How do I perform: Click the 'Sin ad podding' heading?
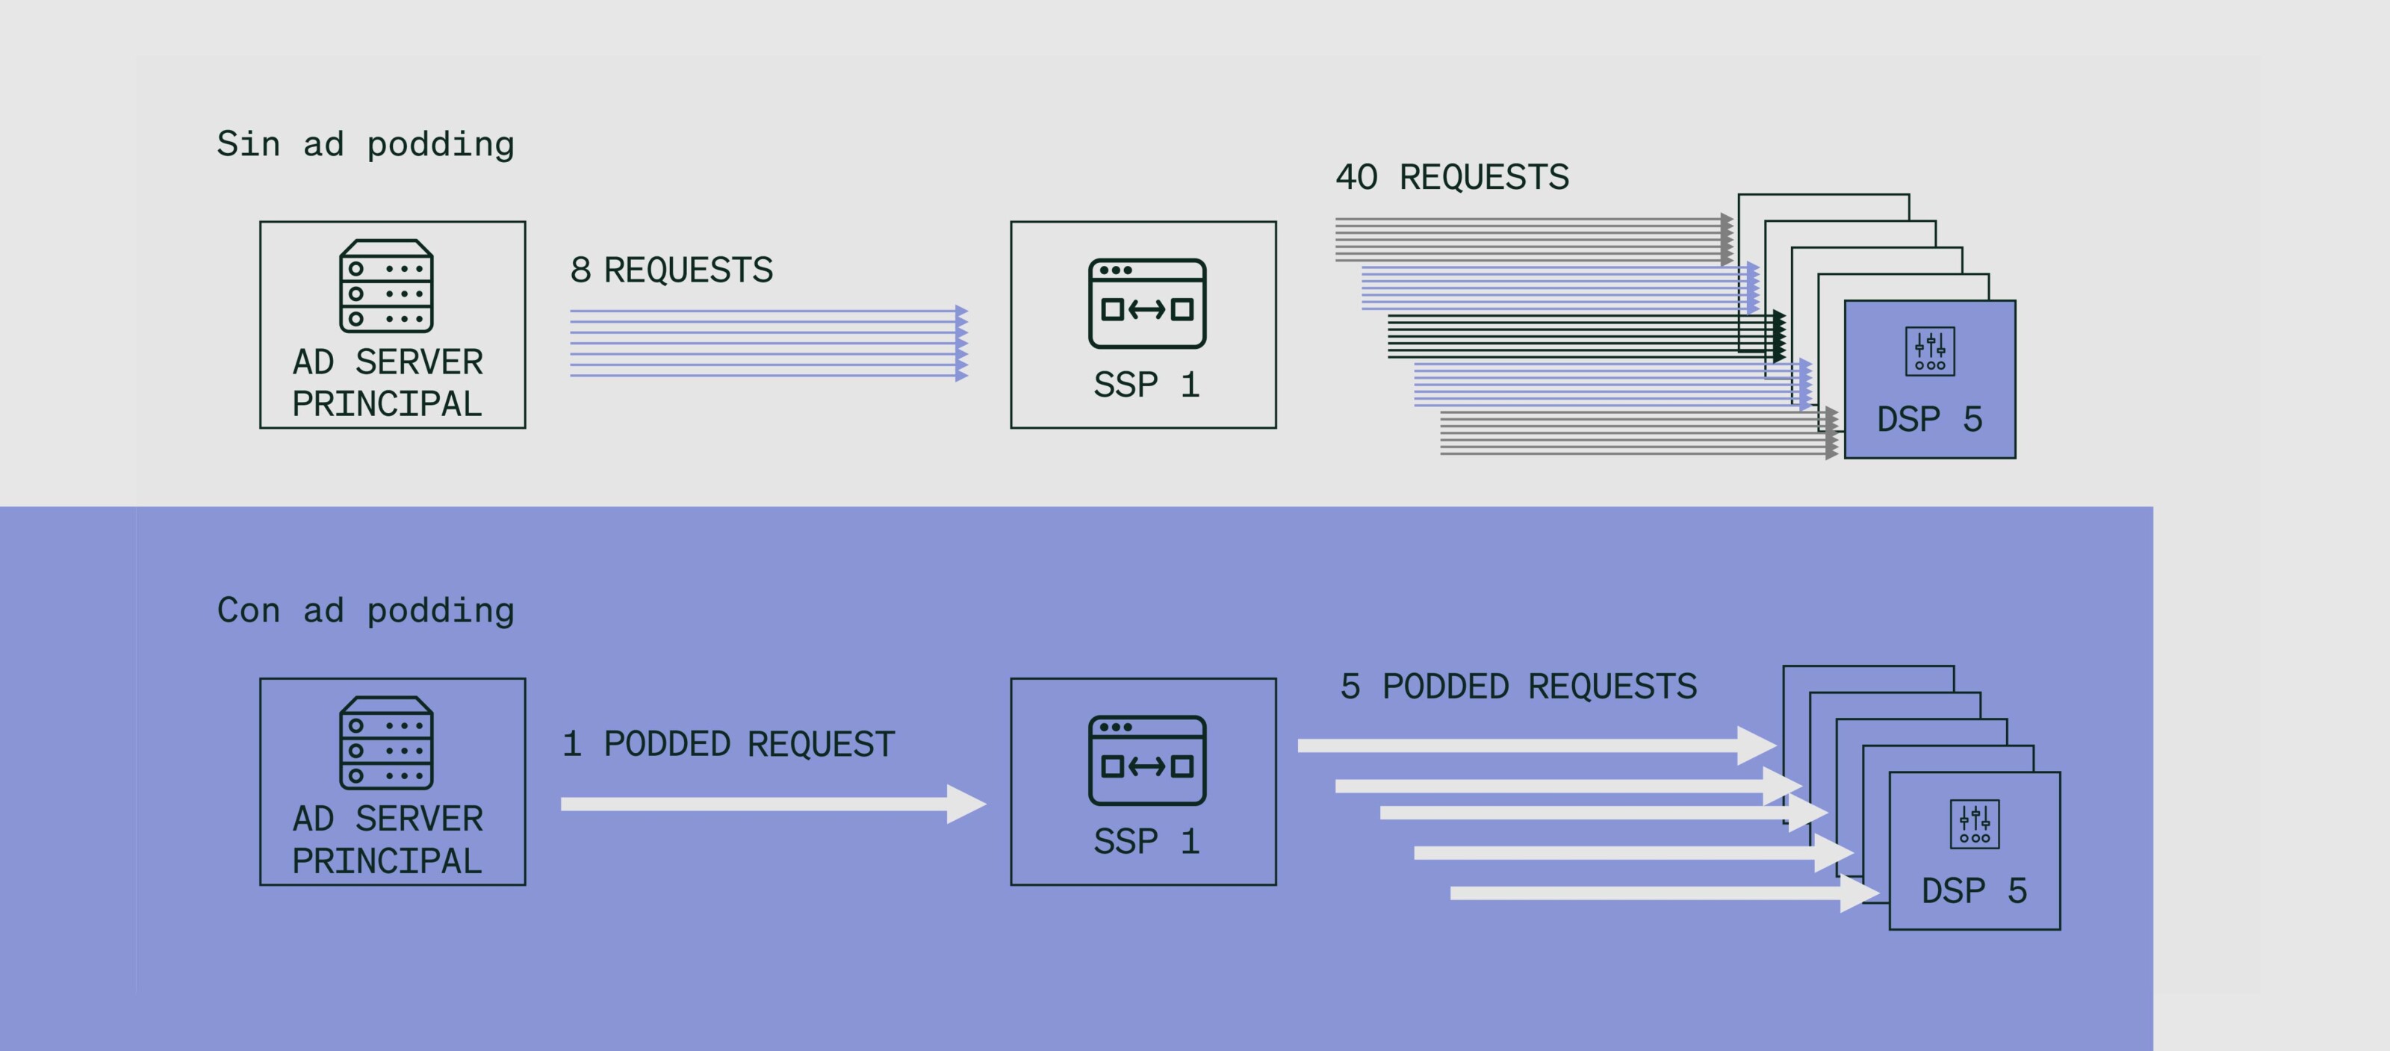point(365,145)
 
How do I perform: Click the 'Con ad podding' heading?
point(365,610)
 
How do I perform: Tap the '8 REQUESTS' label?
point(671,270)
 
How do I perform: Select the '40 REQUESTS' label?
point(1452,177)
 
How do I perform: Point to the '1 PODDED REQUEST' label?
point(728,744)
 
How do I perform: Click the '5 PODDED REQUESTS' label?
point(1519,686)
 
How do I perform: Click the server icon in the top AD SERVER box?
point(386,285)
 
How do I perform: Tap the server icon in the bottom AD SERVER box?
point(386,743)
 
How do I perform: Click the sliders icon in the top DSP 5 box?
point(1930,352)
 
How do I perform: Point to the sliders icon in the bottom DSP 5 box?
point(1974,824)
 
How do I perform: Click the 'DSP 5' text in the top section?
point(1930,419)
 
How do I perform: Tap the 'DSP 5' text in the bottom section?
point(1974,890)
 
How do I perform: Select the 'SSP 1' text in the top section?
point(1146,384)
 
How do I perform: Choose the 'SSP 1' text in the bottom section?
point(1146,841)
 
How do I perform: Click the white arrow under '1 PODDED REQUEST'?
point(774,804)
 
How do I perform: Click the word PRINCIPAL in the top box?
point(387,404)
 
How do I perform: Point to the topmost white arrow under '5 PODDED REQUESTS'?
point(1537,745)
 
